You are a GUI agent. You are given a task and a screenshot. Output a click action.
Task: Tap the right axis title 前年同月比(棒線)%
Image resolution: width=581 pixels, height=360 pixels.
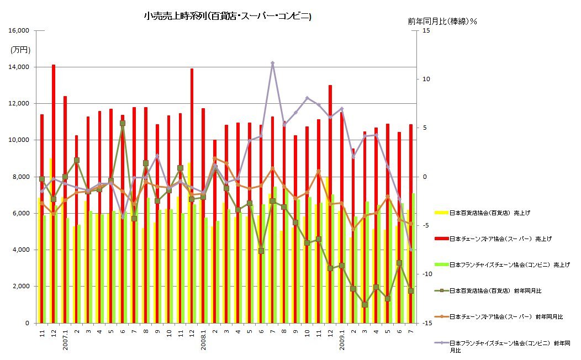442,21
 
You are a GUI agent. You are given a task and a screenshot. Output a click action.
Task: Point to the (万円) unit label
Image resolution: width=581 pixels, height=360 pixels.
20,50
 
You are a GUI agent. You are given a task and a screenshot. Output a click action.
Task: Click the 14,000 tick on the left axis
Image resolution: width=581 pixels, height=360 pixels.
20,67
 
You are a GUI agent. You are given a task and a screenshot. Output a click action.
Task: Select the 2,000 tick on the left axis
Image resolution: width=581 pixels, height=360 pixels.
22,287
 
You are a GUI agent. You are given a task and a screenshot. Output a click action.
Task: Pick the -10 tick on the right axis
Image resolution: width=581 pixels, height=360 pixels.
426,274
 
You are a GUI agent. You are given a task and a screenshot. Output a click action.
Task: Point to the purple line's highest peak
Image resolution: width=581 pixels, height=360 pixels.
273,63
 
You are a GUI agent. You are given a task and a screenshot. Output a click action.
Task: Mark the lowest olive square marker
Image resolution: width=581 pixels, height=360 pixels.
365,305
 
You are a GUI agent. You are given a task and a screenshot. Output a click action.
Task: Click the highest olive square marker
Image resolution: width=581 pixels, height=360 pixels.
123,123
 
